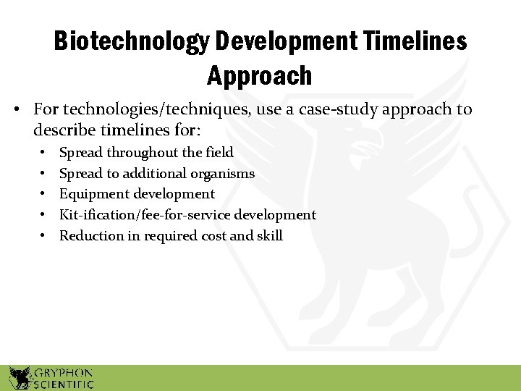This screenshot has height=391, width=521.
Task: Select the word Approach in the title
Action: pos(259,75)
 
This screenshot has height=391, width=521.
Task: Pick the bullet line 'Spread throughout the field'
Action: pos(146,153)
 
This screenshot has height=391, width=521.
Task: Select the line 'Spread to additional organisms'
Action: pos(157,174)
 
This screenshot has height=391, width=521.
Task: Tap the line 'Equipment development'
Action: pos(137,194)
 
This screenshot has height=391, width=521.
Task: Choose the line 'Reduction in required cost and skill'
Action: pos(171,236)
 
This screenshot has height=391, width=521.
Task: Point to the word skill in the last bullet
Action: pos(270,236)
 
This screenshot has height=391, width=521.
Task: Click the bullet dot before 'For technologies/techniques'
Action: pos(16,111)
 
